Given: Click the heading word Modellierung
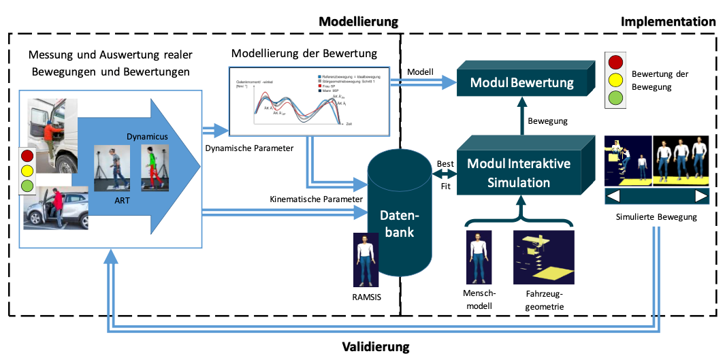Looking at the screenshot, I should (358, 22).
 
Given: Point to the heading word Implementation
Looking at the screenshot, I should (668, 22).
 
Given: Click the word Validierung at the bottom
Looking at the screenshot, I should (375, 347).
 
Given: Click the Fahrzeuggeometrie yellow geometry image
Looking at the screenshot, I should (542, 257).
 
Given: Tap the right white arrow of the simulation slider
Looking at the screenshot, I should (700, 197).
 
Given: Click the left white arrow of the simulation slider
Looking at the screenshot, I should (614, 197).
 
